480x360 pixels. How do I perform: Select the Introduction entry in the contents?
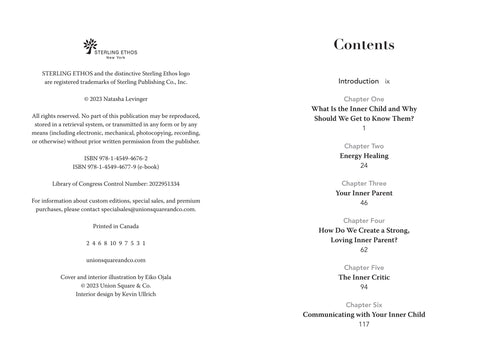[359, 79]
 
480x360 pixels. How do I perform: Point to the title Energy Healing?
[364, 155]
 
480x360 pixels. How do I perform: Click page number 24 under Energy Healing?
[364, 165]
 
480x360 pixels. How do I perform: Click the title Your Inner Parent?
[364, 193]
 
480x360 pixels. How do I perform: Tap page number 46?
[364, 203]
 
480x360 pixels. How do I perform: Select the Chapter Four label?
[364, 220]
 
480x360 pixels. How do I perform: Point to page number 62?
[364, 250]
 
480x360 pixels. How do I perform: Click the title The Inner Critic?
[364, 277]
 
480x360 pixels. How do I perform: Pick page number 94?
[364, 287]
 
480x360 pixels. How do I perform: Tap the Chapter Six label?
[364, 304]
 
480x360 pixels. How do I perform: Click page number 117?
[364, 324]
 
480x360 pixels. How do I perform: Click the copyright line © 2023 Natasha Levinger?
[118, 100]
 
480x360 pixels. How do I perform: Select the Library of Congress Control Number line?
[118, 185]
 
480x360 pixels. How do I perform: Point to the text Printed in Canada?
[118, 226]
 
